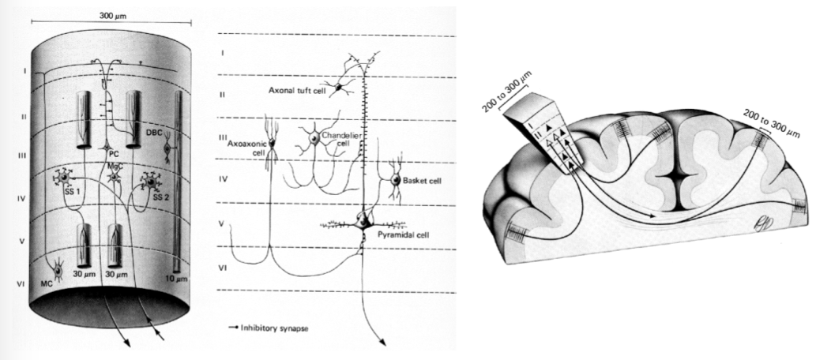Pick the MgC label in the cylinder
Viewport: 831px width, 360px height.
coord(115,167)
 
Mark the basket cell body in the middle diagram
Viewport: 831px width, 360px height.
coord(395,182)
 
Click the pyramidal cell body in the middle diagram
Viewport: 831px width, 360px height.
coord(363,220)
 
